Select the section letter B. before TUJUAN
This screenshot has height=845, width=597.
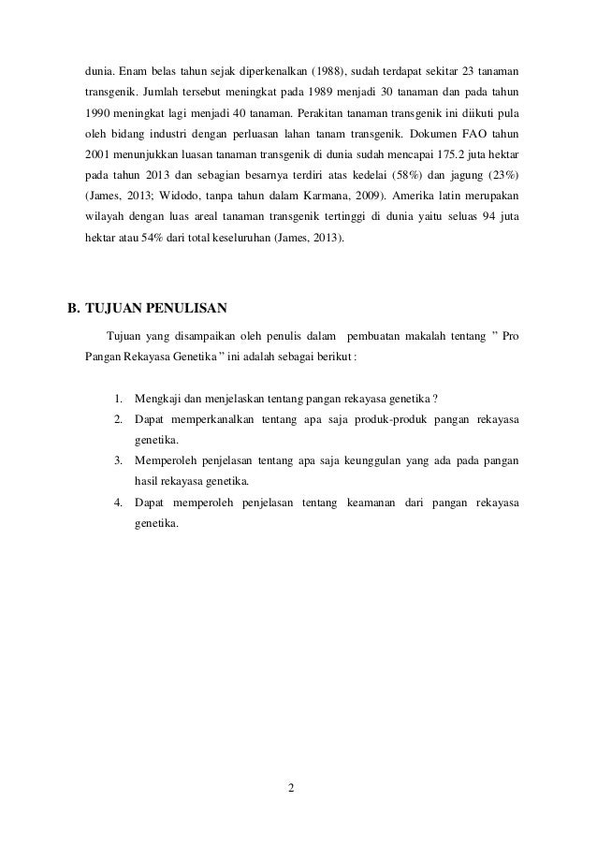pos(67,306)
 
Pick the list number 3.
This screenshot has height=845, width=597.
pos(118,460)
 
